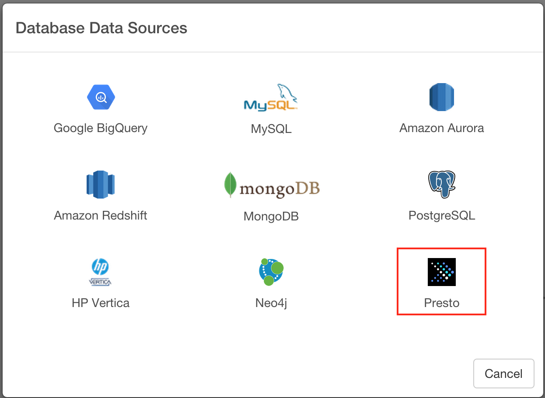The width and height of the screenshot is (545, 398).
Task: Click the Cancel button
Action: point(503,374)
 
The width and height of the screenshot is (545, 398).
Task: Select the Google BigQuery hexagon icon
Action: point(101,97)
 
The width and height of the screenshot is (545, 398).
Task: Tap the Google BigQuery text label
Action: point(101,128)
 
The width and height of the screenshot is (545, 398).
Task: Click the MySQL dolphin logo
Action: point(271,97)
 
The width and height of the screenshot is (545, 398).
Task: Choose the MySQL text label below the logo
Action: point(271,129)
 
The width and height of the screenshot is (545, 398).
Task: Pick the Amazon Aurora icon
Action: point(441,97)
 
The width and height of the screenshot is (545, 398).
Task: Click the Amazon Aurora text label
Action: point(441,128)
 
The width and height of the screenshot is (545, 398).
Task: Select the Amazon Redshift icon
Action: point(101,185)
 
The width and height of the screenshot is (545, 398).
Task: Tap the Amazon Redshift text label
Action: point(101,216)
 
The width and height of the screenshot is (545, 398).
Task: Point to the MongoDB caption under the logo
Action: point(271,216)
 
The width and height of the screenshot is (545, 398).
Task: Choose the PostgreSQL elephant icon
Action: point(441,185)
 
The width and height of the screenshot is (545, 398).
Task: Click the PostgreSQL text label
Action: point(441,216)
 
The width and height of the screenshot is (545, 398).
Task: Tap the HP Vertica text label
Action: point(101,303)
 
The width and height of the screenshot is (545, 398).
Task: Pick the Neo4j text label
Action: point(271,303)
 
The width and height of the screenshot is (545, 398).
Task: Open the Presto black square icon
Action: point(441,272)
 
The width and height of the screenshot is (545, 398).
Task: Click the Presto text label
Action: point(441,303)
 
